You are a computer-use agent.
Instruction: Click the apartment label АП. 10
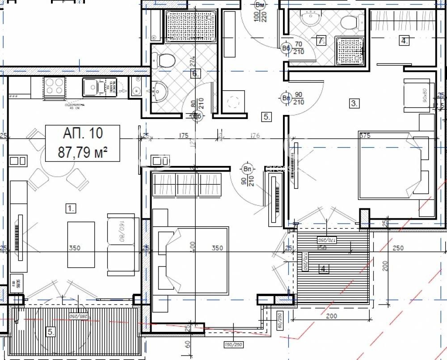(x=83, y=133)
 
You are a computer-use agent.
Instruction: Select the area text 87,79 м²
(x=83, y=152)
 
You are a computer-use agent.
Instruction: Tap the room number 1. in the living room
(x=70, y=208)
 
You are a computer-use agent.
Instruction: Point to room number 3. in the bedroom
(x=354, y=104)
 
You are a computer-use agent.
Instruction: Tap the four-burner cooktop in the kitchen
(x=54, y=86)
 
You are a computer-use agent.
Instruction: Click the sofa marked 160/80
(x=121, y=244)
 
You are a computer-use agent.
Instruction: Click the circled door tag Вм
(x=259, y=5)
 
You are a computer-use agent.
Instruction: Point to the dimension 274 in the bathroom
(x=193, y=60)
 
